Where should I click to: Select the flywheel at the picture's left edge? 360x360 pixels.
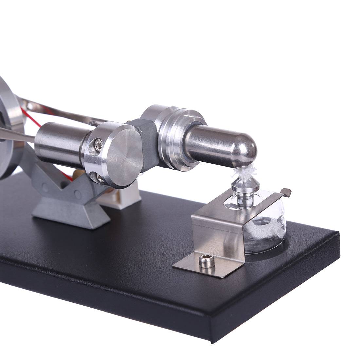coord(10,128)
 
